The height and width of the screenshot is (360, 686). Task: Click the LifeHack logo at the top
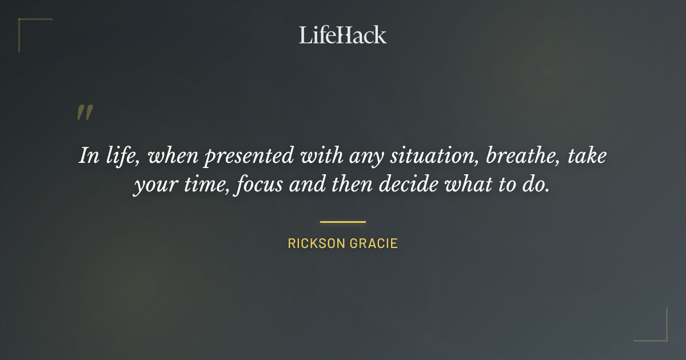343,35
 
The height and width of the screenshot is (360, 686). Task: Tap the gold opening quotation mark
84,113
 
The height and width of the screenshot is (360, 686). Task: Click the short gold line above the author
343,222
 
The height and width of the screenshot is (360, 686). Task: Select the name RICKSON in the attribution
317,244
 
